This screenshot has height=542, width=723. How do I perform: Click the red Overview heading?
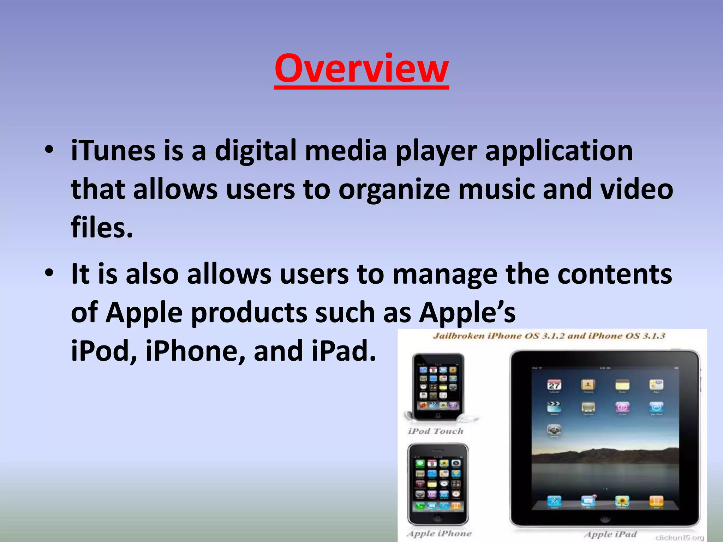click(x=361, y=69)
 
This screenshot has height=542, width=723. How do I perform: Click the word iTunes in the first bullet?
click(x=113, y=151)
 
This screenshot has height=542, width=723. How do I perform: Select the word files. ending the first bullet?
click(x=102, y=228)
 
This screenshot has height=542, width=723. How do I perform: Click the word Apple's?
click(x=467, y=313)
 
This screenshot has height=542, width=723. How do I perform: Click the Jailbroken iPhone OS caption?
click(x=549, y=336)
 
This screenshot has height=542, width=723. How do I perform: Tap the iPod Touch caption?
click(x=436, y=431)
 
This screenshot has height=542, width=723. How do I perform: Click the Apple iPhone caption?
click(x=439, y=534)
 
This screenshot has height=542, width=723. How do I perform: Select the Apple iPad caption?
click(x=610, y=534)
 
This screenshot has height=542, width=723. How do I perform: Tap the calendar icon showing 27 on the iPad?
click(x=554, y=385)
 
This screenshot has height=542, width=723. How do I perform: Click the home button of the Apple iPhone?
click(x=438, y=518)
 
